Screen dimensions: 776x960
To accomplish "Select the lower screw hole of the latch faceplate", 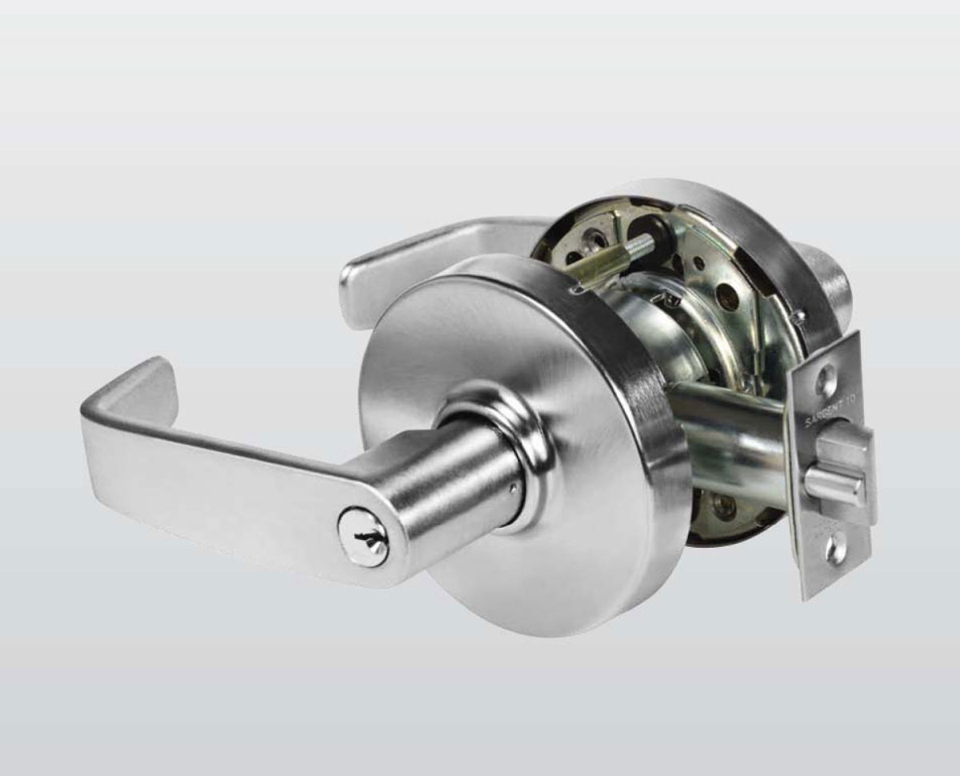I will (x=835, y=550).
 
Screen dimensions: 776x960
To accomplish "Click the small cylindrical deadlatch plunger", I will (x=832, y=482).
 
